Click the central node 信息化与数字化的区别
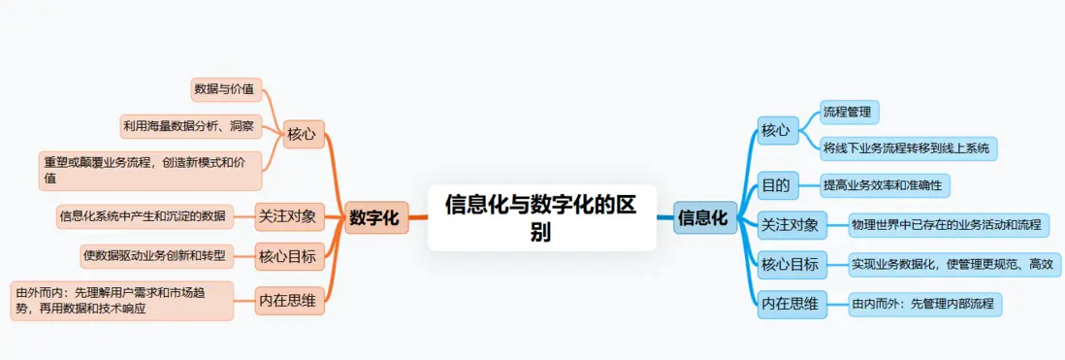(541, 218)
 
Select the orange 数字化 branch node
(374, 218)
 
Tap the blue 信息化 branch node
(702, 218)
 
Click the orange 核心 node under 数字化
(304, 134)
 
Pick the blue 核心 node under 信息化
(776, 129)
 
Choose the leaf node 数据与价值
(224, 89)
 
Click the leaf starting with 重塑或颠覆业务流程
(150, 170)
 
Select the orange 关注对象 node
(287, 214)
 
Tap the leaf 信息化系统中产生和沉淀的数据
(143, 215)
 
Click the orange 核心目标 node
(287, 257)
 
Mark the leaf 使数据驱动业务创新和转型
(154, 256)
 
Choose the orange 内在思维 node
(287, 301)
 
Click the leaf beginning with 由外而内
(122, 300)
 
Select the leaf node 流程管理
(848, 113)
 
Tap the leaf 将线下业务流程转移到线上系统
(906, 148)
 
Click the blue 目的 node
(776, 184)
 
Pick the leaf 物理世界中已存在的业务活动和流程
(947, 225)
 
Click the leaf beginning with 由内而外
(922, 304)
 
